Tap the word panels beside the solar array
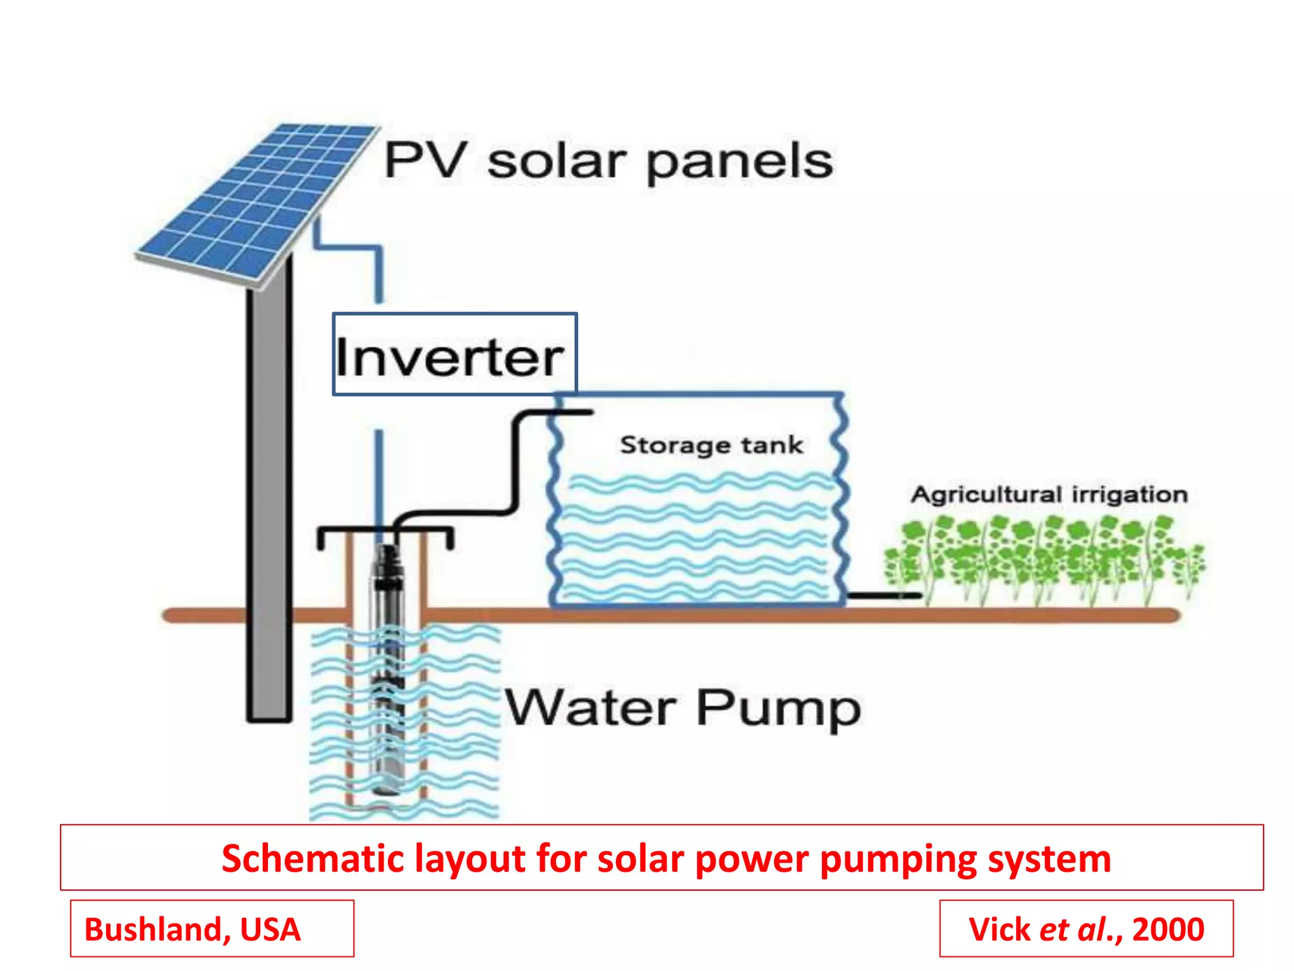tap(739, 162)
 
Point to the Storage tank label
tap(711, 445)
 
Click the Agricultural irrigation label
tap(1049, 494)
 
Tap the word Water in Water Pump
tap(591, 708)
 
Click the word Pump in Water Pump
tap(778, 709)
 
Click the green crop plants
tap(1043, 556)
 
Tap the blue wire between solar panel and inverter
tap(379, 272)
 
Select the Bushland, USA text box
tap(212, 929)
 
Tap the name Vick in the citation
tap(999, 929)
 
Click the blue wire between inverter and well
tap(379, 474)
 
